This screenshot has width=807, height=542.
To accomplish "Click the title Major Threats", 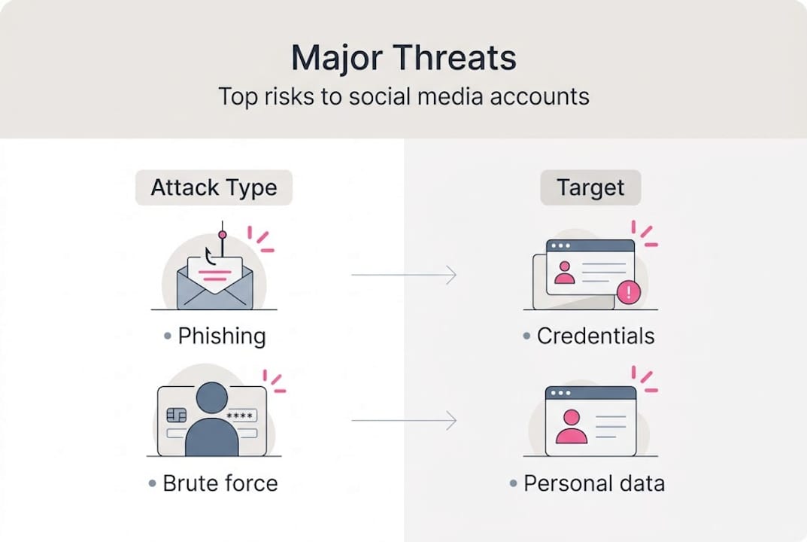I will pyautogui.click(x=403, y=58).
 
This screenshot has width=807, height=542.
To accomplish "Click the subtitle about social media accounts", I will pyautogui.click(x=403, y=96).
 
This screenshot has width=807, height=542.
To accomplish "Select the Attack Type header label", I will pyautogui.click(x=214, y=187).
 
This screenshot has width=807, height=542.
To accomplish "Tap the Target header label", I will pyautogui.click(x=590, y=187).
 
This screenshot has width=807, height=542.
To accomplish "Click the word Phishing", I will pyautogui.click(x=221, y=336).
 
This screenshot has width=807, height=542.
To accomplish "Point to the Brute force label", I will pyautogui.click(x=220, y=483).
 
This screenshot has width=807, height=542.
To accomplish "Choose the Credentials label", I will pyautogui.click(x=595, y=336).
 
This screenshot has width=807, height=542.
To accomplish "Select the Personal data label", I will pyautogui.click(x=593, y=483).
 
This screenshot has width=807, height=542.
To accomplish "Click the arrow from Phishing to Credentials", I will pyautogui.click(x=403, y=276).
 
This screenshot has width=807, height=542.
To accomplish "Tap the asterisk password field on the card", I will pyautogui.click(x=239, y=416).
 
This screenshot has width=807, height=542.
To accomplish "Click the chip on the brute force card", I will pyautogui.click(x=176, y=416).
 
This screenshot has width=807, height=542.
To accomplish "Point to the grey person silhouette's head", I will pyautogui.click(x=211, y=397).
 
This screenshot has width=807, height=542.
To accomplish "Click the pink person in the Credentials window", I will pyautogui.click(x=564, y=272).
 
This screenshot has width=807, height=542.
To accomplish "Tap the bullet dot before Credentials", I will pyautogui.click(x=526, y=336).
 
